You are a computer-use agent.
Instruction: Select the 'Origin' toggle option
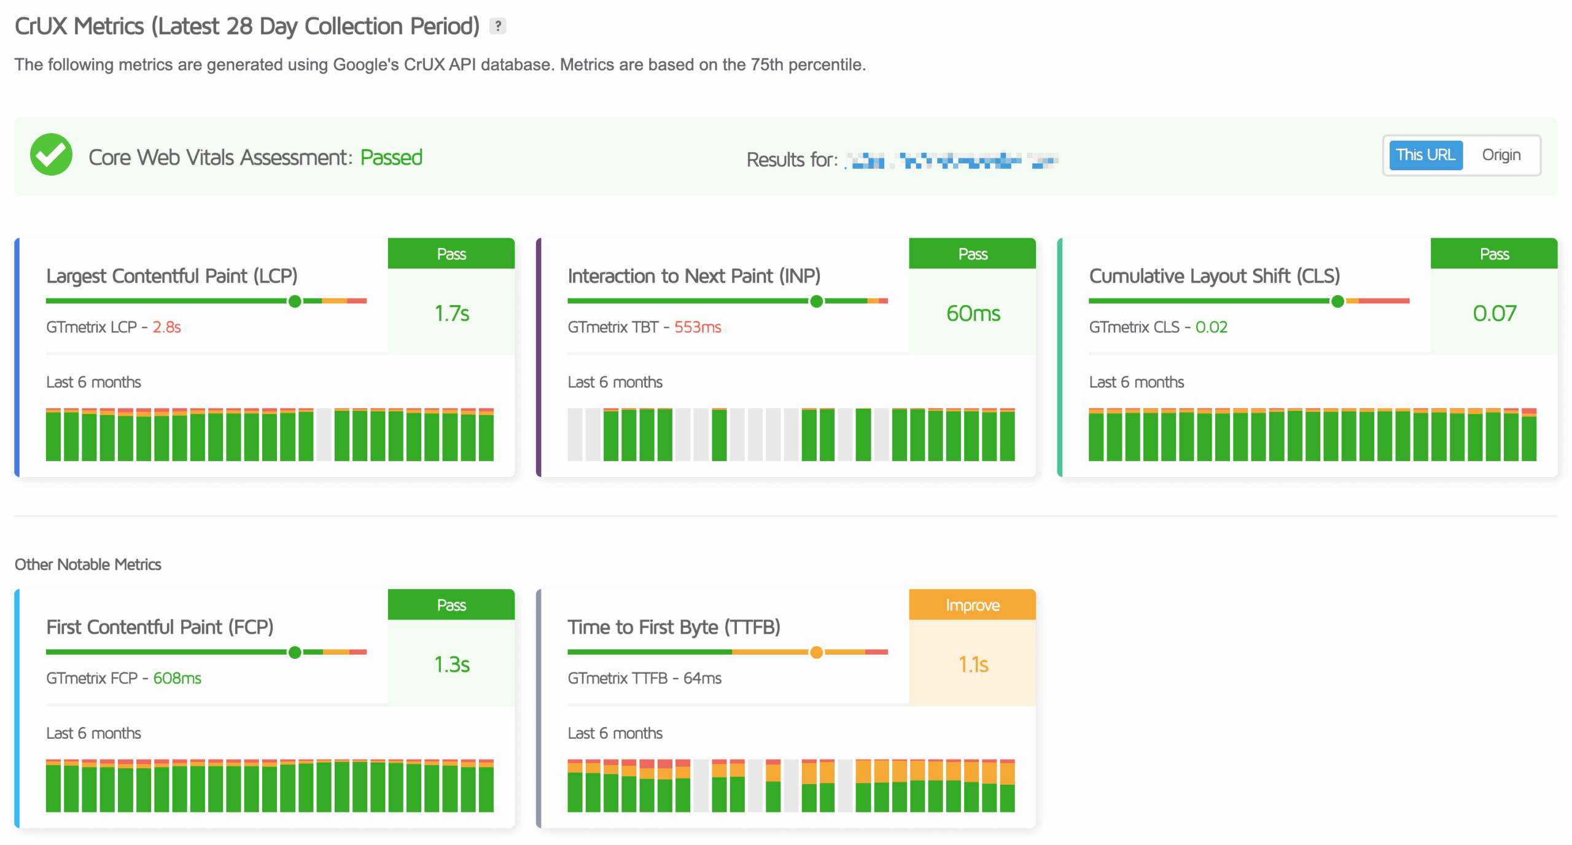[x=1500, y=155]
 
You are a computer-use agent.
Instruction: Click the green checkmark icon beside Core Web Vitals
[x=51, y=155]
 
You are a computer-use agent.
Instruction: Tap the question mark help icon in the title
[x=497, y=26]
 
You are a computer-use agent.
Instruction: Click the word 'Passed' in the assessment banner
[x=391, y=158]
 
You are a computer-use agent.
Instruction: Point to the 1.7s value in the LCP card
[x=451, y=313]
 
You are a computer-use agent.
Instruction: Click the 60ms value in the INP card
[x=972, y=313]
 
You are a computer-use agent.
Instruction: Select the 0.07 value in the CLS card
[x=1493, y=313]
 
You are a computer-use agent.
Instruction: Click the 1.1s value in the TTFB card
[x=973, y=664]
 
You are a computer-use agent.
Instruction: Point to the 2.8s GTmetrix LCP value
[x=166, y=327]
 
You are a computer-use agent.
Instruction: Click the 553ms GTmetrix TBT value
[x=697, y=327]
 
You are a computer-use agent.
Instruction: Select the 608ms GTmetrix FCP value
[x=177, y=678]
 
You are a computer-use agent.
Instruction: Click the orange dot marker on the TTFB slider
[x=816, y=652]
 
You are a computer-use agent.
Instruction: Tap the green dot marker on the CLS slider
[x=1337, y=301]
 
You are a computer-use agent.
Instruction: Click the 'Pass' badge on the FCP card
[x=451, y=605]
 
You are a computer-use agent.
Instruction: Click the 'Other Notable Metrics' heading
[x=88, y=564]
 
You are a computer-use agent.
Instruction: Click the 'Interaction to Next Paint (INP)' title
[x=693, y=276]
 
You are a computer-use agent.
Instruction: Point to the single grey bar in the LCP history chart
[x=324, y=434]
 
